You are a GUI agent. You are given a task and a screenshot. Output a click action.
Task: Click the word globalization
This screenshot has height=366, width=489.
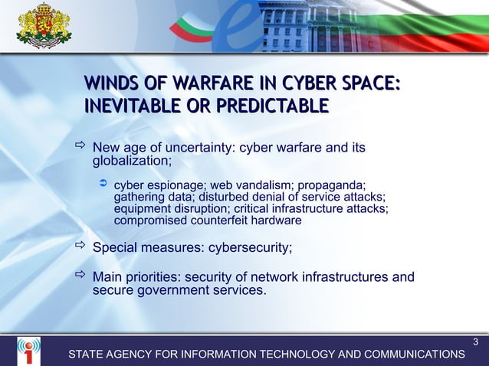point(131,162)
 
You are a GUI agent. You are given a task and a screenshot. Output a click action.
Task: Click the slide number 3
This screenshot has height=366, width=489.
point(476,341)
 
